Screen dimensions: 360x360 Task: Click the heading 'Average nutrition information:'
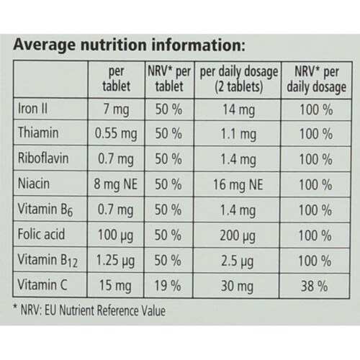point(130,45)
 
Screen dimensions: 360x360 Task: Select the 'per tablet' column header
point(117,78)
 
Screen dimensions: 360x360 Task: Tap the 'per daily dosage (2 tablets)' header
point(239,79)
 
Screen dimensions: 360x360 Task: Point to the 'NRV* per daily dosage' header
point(317,79)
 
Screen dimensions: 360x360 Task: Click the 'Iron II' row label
point(32,109)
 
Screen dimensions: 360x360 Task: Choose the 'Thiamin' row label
point(38,132)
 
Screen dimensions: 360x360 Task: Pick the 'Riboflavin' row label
point(43,158)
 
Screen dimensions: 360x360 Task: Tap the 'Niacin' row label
point(34,184)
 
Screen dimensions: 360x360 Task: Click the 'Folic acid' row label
point(41,234)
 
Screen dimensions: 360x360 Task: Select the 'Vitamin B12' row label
point(48,261)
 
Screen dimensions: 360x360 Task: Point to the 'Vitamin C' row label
point(42,285)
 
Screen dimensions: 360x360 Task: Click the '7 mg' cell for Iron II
point(117,109)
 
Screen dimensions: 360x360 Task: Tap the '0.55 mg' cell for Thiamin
point(116,134)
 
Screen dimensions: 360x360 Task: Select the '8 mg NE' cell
point(115,184)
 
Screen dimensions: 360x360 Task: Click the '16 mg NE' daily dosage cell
point(238,185)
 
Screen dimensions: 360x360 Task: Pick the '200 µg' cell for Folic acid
point(238,235)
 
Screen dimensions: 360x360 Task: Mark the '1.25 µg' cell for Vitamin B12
point(115,261)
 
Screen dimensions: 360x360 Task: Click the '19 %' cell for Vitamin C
point(168,286)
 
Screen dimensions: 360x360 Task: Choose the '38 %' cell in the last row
point(315,287)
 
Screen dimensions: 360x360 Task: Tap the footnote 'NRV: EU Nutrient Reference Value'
point(93,310)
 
